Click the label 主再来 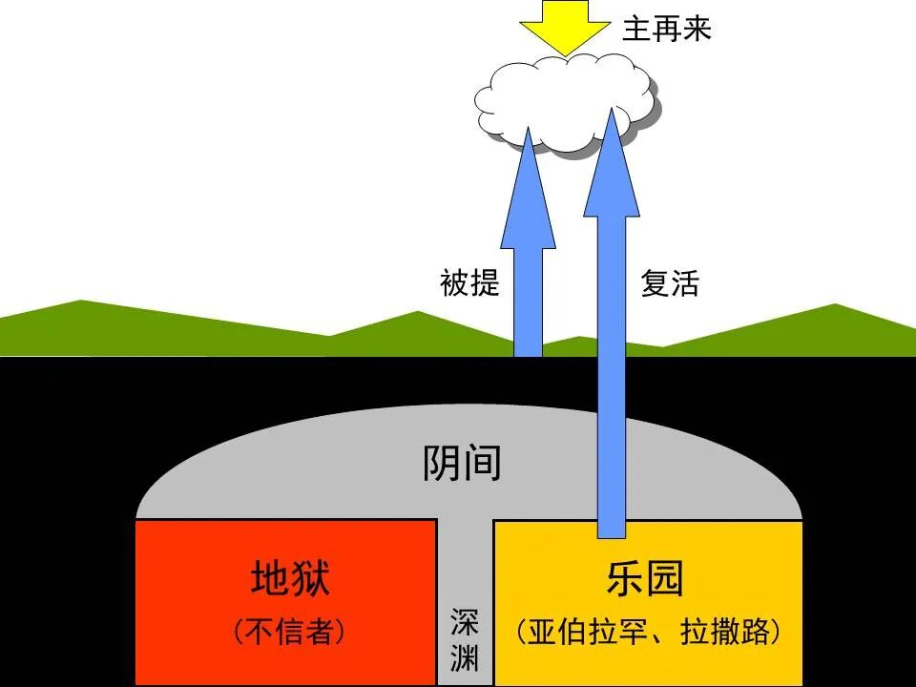(x=667, y=29)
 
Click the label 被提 (x=469, y=283)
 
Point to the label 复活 (x=670, y=283)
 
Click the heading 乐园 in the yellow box (x=646, y=578)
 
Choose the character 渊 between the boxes (x=465, y=658)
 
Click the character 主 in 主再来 (x=637, y=29)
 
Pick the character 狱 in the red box (x=311, y=578)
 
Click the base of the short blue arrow (x=529, y=347)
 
